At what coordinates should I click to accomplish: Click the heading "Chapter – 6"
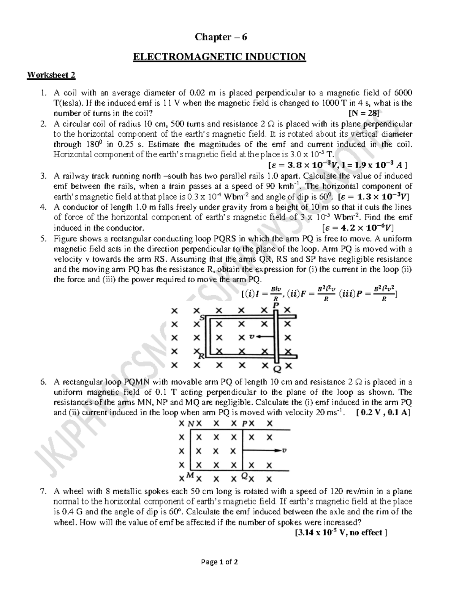click(x=221, y=37)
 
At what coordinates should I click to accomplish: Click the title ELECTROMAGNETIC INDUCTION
click(x=219, y=57)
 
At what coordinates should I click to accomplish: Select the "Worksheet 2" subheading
click(x=51, y=75)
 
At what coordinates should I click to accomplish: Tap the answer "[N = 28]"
click(x=364, y=113)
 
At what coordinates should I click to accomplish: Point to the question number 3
click(x=43, y=176)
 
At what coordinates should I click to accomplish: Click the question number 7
click(x=43, y=491)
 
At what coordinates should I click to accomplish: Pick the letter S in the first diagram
click(x=202, y=318)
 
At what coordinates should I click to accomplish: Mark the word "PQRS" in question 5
click(x=225, y=239)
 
